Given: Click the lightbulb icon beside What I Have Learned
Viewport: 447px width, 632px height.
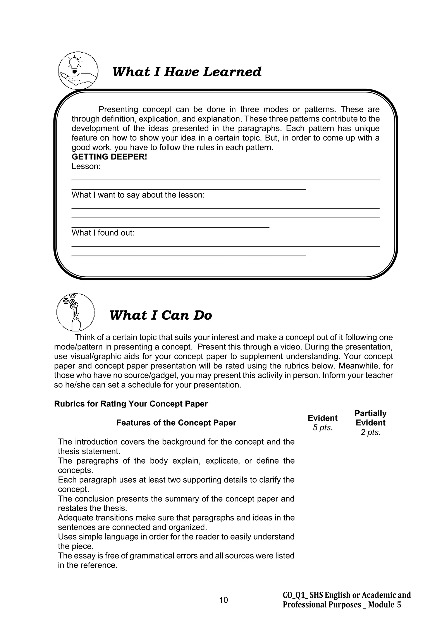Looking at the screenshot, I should pos(78,70).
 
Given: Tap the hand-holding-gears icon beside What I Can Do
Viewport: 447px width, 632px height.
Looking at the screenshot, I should pos(76,312).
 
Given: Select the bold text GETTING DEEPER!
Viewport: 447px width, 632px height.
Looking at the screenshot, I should pos(109,157).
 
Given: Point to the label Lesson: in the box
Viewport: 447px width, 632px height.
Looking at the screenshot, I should pos(86,166).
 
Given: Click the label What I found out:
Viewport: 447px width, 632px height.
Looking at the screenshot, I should pos(103,233).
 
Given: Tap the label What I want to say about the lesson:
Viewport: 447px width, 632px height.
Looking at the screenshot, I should pos(138,195).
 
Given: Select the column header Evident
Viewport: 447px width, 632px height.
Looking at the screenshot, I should pos(323,418).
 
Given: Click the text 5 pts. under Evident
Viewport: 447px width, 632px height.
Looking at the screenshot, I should pos(323,428).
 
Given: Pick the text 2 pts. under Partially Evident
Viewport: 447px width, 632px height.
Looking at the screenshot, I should pos(370,432).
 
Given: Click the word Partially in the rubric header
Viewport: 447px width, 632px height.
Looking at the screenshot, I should pos(370,413).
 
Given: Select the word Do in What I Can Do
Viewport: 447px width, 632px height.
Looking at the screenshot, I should pos(203,315).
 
